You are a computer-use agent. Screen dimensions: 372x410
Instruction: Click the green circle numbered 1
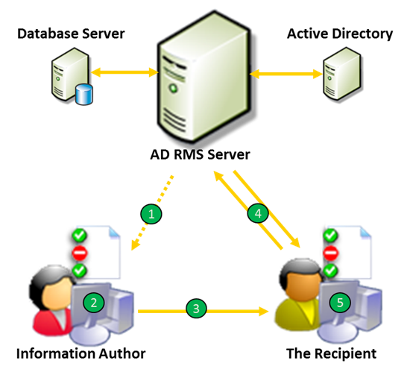[151, 214]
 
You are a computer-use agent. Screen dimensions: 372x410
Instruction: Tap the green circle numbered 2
[94, 302]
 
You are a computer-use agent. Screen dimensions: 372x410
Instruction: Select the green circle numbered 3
[196, 307]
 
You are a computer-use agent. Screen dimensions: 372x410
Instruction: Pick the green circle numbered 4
[258, 214]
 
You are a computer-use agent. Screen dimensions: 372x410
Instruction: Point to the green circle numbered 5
[341, 302]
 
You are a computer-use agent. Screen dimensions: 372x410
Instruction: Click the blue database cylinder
[83, 95]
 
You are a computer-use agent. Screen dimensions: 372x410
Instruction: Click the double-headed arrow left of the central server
[124, 73]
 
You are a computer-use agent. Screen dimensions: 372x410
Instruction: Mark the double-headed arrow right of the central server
[286, 74]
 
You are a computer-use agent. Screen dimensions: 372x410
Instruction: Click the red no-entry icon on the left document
[79, 253]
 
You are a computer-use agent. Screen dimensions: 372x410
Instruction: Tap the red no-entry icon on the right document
[330, 253]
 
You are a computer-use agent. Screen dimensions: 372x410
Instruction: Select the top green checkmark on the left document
[79, 236]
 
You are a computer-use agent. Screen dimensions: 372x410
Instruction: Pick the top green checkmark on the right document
[330, 236]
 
